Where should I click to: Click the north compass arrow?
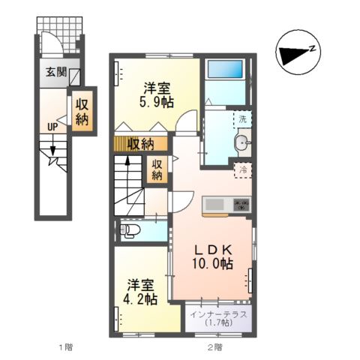coord(293,52)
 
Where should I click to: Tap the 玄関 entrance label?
coord(56,73)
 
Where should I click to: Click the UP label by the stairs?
coord(52,127)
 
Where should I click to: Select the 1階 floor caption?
coord(67,347)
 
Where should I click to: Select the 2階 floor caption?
coord(214,347)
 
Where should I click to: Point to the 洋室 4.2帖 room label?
coord(142,292)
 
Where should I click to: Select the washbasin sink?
coord(242,143)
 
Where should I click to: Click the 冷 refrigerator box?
coord(242,169)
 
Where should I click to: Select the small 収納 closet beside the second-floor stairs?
coord(157,170)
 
